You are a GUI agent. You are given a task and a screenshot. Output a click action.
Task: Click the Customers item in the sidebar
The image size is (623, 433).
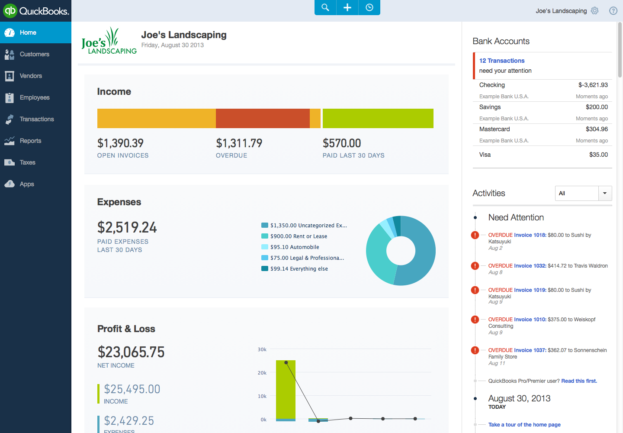(34, 54)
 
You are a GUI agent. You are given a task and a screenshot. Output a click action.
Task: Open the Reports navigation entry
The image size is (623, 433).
(30, 141)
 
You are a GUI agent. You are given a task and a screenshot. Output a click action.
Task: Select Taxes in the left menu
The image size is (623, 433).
(27, 162)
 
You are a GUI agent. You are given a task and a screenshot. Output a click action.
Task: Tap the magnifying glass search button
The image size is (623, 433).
(325, 7)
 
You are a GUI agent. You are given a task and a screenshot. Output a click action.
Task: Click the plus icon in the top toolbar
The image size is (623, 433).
(347, 7)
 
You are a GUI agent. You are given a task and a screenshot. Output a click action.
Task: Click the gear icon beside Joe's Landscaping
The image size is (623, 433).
(595, 11)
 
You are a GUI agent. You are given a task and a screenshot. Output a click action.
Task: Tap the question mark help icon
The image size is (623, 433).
(613, 11)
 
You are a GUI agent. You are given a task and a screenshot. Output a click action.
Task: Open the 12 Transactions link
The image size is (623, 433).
(502, 61)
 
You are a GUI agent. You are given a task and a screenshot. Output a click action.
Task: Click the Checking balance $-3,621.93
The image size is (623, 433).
(593, 85)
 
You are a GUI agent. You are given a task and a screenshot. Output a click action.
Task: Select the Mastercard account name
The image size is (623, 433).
(495, 129)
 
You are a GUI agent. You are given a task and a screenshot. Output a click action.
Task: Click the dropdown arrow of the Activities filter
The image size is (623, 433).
(605, 193)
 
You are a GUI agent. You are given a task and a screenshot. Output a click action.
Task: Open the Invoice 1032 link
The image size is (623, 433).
(530, 266)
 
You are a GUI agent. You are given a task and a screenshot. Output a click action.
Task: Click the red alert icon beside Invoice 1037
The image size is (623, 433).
(475, 350)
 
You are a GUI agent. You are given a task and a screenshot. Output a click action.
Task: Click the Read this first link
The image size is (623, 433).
(579, 381)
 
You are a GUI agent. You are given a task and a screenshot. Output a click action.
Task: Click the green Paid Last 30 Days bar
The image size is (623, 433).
(378, 118)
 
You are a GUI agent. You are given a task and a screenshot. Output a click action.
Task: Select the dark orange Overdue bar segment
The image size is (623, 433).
(263, 118)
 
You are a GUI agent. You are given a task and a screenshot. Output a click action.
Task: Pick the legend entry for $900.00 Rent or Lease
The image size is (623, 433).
(299, 236)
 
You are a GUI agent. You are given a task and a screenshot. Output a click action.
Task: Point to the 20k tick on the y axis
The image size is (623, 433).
(262, 373)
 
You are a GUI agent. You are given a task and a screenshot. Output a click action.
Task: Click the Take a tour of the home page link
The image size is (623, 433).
(524, 425)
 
